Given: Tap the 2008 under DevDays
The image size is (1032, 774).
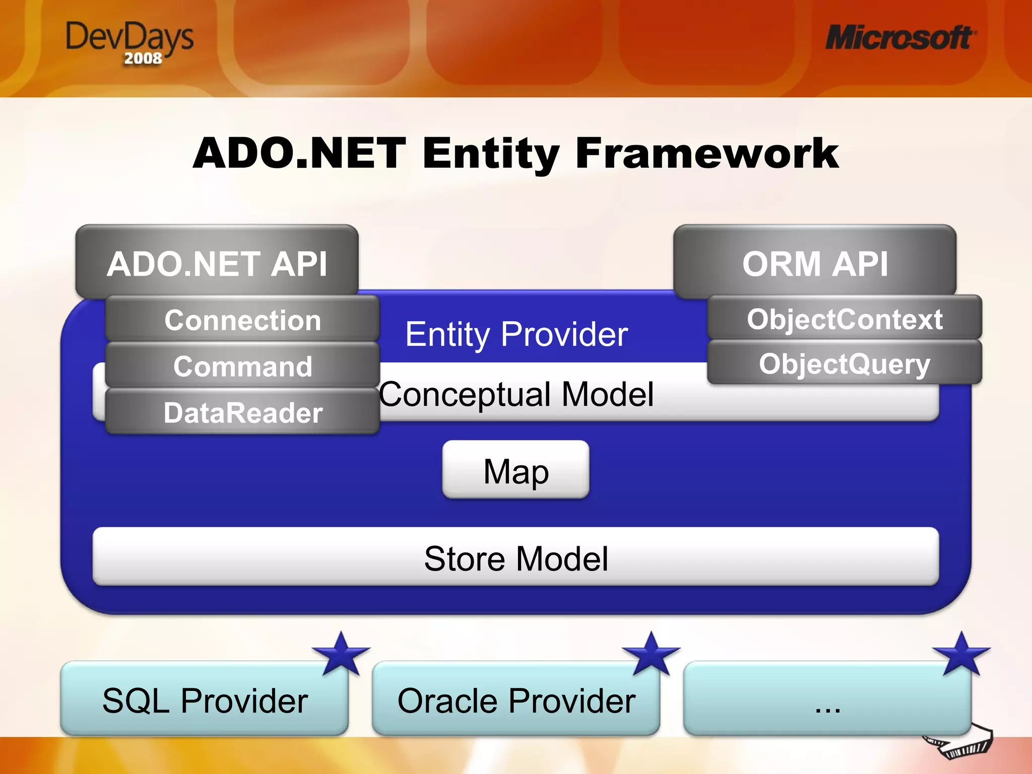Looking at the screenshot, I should coord(143,58).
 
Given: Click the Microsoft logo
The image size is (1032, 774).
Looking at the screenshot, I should coord(900,38).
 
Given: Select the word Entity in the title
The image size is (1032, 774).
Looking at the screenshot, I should coord(491,153).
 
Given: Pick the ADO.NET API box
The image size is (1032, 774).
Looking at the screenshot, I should coord(217,262).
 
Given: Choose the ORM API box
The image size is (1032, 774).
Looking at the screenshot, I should coord(815,262).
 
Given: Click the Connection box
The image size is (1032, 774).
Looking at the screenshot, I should coord(242,319).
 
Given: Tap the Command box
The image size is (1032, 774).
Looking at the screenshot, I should coord(242,366).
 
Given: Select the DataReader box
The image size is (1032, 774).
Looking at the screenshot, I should coord(242,412).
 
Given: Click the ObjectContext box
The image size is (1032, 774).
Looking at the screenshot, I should coord(845,318).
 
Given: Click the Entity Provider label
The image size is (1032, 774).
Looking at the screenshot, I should coord(517,334).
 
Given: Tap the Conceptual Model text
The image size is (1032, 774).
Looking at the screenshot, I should coord(517,394).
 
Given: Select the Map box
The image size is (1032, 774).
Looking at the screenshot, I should coord(515,471).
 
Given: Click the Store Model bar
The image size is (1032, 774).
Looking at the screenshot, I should coord(515,557).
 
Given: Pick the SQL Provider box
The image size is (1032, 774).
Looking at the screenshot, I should coord(205,700).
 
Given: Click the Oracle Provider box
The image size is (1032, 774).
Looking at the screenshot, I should coord(515,700).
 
